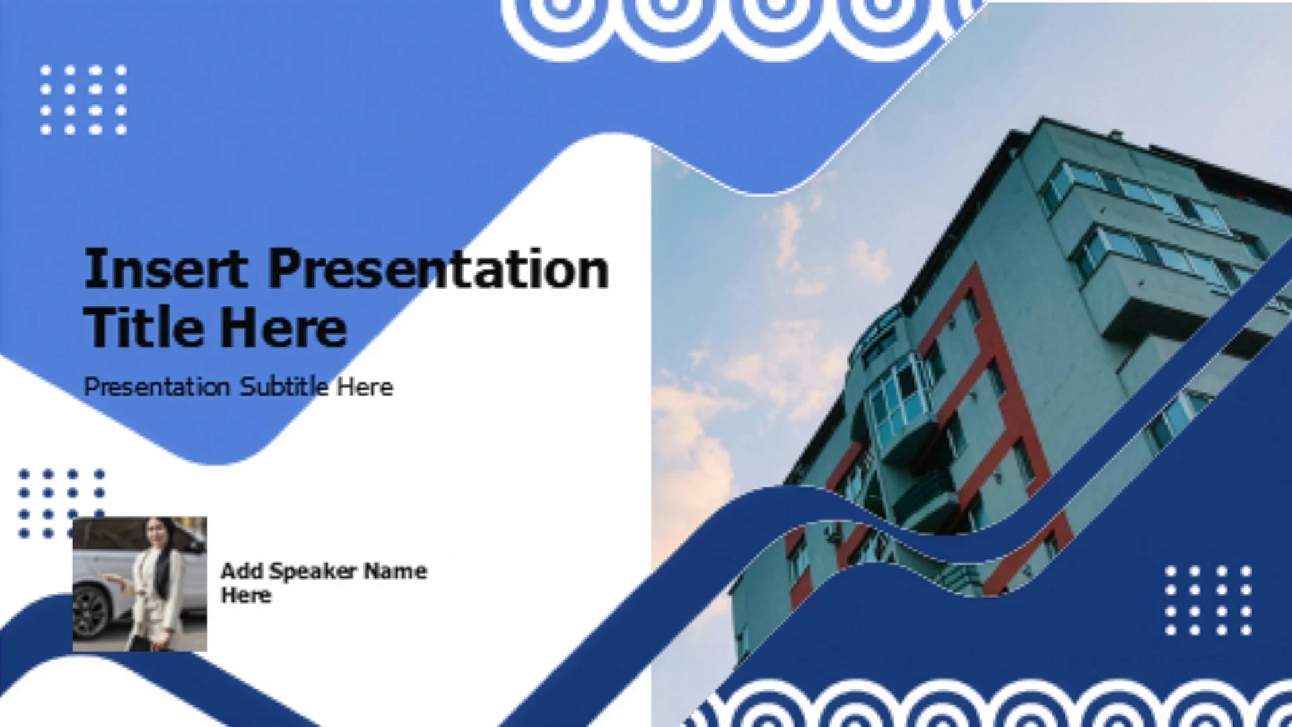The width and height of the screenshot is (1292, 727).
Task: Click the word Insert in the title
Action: (166, 269)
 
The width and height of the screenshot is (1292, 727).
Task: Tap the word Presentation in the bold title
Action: (439, 269)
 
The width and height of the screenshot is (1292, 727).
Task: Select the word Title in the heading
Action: (143, 328)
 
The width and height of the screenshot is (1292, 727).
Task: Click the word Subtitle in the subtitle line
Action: (285, 387)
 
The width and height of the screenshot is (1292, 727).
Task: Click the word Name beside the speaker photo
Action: (396, 572)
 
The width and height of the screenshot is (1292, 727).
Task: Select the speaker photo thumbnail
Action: (139, 584)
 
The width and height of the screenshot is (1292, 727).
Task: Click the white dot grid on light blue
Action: (83, 100)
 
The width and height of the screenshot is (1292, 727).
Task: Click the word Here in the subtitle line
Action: (365, 387)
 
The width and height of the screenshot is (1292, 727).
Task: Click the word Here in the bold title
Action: (283, 328)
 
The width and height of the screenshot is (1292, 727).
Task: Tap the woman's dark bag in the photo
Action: (140, 643)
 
